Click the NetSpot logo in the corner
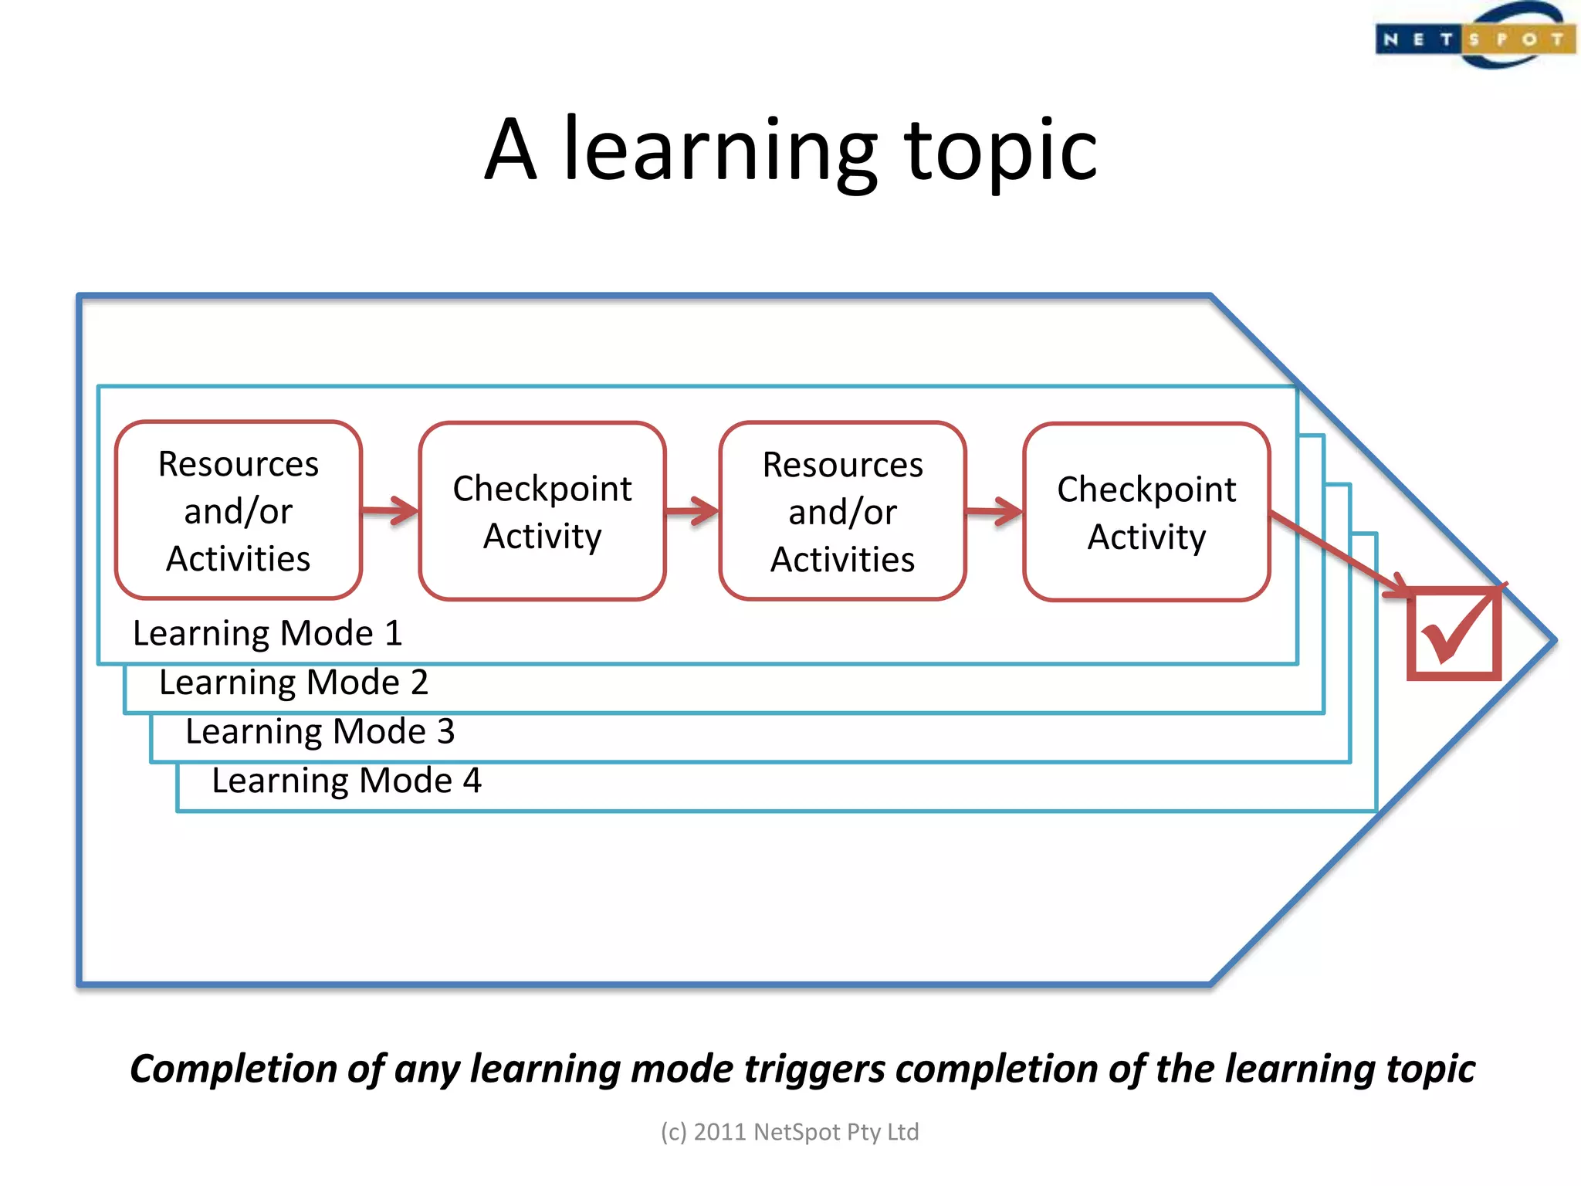click(1474, 37)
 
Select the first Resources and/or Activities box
click(239, 510)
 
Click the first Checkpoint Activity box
click(542, 511)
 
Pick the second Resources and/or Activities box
click(842, 511)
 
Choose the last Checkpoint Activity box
click(1146, 512)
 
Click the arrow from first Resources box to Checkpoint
click(391, 510)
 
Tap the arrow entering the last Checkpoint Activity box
click(994, 511)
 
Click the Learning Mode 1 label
click(267, 633)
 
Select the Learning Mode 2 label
click(293, 683)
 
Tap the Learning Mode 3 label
click(320, 731)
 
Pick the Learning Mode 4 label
click(347, 781)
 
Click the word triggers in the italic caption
click(814, 1069)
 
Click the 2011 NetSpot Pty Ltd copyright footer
click(790, 1132)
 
